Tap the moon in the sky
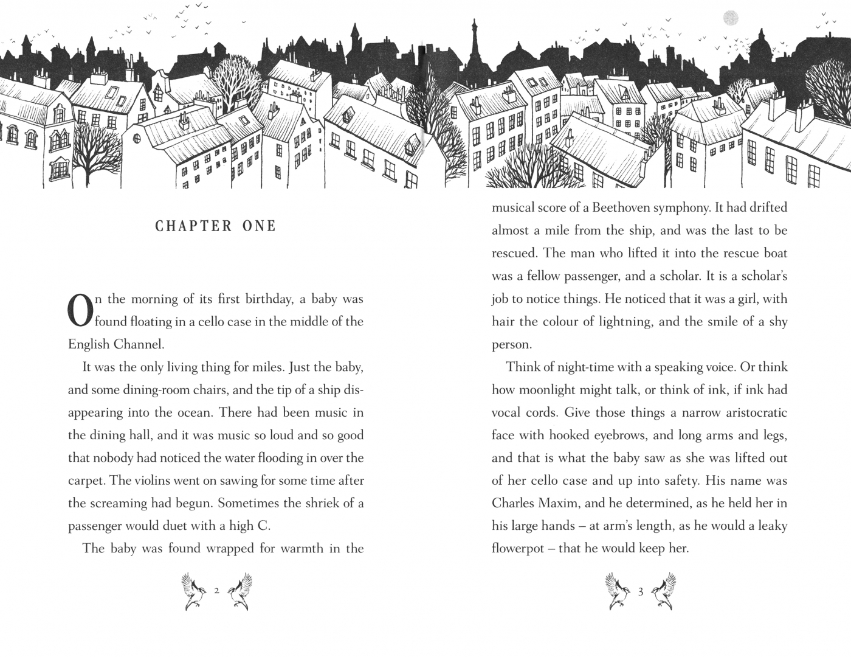point(731,18)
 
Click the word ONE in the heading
point(260,226)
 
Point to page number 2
point(216,590)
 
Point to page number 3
point(641,590)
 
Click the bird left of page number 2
point(195,591)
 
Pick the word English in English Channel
point(88,344)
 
